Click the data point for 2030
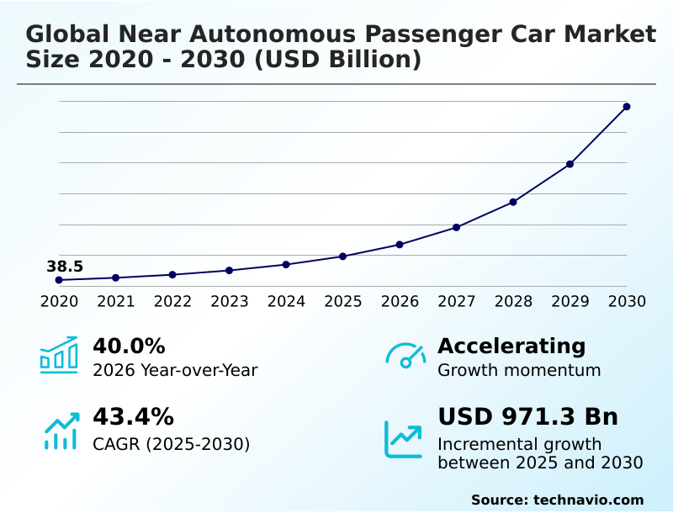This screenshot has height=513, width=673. [627, 107]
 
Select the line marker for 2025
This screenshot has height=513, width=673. [342, 256]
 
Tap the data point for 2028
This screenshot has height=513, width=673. [513, 202]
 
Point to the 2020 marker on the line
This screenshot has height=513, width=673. [59, 280]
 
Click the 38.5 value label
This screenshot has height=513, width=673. [65, 267]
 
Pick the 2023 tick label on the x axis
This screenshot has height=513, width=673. [230, 302]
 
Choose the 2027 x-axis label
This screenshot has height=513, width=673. [457, 302]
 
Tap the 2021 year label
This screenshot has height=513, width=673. [116, 302]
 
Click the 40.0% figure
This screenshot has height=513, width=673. [129, 346]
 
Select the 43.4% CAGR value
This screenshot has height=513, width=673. [133, 417]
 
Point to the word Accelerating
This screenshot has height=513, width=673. [511, 346]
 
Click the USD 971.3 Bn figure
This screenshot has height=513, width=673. [528, 417]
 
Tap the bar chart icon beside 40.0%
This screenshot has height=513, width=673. [59, 355]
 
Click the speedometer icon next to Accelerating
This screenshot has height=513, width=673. [405, 355]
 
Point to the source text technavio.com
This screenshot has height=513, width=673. [588, 500]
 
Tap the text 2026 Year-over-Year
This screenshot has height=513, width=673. [175, 370]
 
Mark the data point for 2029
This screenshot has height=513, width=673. [570, 164]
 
